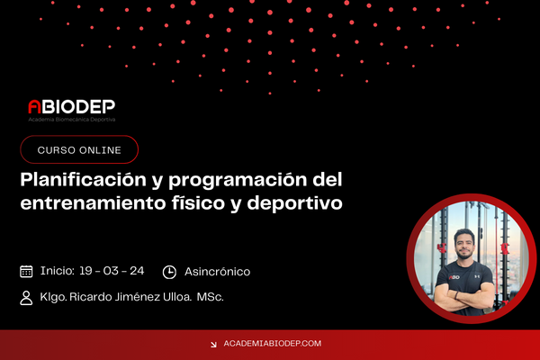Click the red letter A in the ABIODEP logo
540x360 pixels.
[x=34, y=106]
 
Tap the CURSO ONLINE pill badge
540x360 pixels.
[x=79, y=149]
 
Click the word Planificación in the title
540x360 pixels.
[x=84, y=180]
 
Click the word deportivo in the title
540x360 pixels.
[x=295, y=203]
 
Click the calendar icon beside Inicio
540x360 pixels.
[x=26, y=272]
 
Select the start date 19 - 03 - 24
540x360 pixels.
[x=112, y=271]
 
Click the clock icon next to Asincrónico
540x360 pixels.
[x=169, y=272]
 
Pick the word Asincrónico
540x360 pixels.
[x=217, y=272]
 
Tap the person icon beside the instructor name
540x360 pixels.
[x=26, y=298]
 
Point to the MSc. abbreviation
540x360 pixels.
[x=210, y=297]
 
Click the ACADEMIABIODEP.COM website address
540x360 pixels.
[x=273, y=344]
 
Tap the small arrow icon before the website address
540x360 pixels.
[x=213, y=344]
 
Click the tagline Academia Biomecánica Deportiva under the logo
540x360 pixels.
[x=72, y=120]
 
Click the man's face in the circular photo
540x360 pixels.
[x=464, y=244]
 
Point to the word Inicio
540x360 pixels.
[x=58, y=271]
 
